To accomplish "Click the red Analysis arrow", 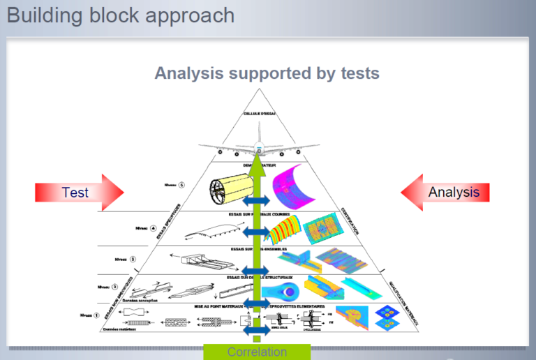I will point(447,192).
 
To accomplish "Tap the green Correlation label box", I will point(257,352).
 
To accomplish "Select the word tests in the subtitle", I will point(357,73).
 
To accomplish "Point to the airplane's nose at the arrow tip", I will point(258,147).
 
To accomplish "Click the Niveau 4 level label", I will point(146,228).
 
